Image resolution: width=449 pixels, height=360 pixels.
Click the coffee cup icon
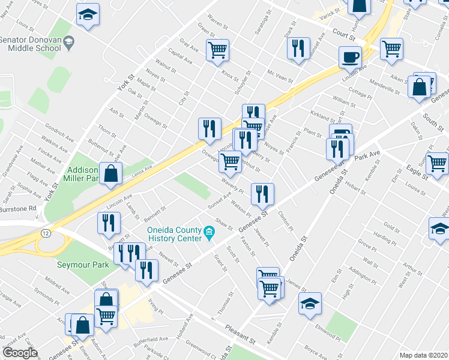(x=350, y=58)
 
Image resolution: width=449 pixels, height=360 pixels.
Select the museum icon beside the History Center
(x=209, y=232)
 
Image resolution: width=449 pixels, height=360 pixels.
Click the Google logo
(x=20, y=353)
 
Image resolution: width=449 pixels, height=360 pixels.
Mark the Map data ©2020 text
(x=423, y=355)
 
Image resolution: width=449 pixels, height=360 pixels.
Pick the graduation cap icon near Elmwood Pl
(x=310, y=304)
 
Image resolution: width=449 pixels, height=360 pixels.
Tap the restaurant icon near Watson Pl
(x=262, y=194)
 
